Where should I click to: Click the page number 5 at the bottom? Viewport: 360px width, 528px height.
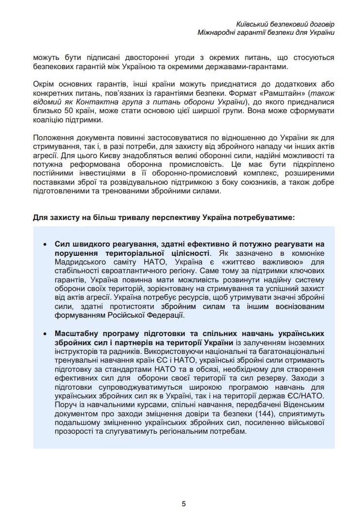point(184,503)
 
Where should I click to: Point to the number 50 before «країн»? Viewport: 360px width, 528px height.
point(72,111)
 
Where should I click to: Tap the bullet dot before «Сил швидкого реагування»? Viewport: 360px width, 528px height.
point(45,245)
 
